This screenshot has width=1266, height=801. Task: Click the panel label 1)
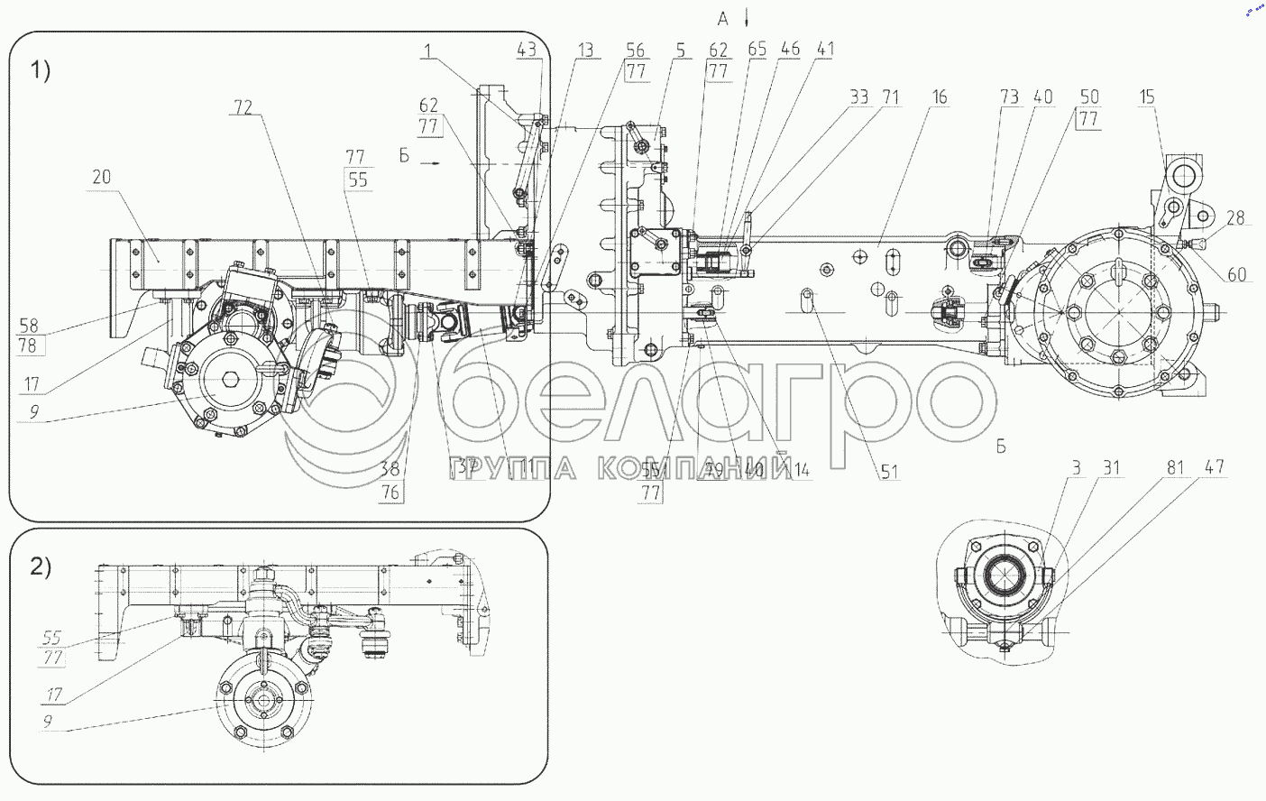[x=41, y=69]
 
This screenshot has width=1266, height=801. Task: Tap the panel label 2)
[x=41, y=566]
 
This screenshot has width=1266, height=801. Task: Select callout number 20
[x=101, y=176]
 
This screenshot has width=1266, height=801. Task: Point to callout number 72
[x=243, y=107]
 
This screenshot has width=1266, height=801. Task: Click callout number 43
[x=526, y=51]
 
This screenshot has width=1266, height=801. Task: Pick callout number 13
[x=586, y=51]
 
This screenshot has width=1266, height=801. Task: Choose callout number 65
[x=757, y=50]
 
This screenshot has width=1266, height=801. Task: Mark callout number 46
[x=790, y=50]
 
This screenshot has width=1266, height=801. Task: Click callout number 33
[x=858, y=97]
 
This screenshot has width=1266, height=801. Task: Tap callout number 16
[x=940, y=97]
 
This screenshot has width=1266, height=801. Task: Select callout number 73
[x=1009, y=97]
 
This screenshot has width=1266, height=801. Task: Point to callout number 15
[x=1146, y=97]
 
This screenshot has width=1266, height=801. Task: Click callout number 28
[x=1235, y=217]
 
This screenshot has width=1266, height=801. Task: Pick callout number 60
[x=1237, y=274]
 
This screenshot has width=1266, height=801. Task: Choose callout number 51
[x=890, y=471]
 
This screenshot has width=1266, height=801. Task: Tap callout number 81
[x=1175, y=467]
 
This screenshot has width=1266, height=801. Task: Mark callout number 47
[x=1215, y=467]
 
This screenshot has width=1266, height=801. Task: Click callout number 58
[x=29, y=325]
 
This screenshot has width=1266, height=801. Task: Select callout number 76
[x=390, y=492]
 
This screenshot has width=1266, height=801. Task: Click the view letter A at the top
[x=722, y=19]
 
